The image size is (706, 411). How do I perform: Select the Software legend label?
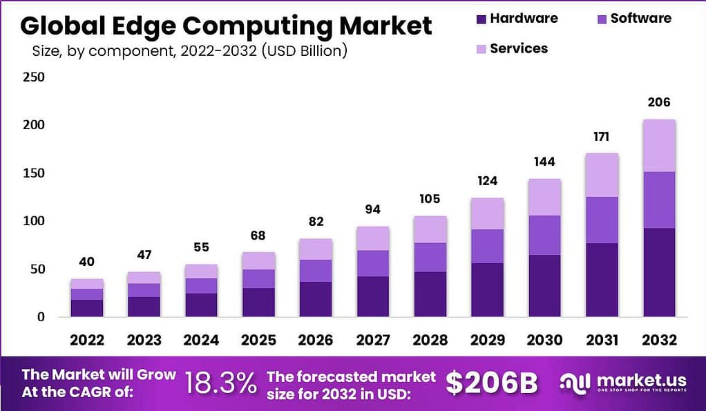click(640, 19)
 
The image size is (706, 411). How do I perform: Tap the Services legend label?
click(519, 48)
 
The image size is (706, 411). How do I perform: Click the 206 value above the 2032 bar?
click(658, 102)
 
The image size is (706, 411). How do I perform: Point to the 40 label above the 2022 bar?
click(87, 262)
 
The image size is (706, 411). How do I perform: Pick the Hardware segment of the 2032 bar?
click(658, 272)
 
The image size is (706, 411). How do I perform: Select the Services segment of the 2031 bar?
click(602, 175)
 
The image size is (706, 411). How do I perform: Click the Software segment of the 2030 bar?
click(544, 235)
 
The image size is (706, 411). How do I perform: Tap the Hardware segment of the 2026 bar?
click(316, 299)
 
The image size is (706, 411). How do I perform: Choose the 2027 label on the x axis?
click(373, 340)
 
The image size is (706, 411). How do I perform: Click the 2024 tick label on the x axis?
click(201, 340)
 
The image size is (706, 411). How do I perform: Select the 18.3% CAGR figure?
click(220, 383)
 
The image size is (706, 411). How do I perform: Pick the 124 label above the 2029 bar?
click(487, 181)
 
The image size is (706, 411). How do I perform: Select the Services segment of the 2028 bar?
click(430, 229)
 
